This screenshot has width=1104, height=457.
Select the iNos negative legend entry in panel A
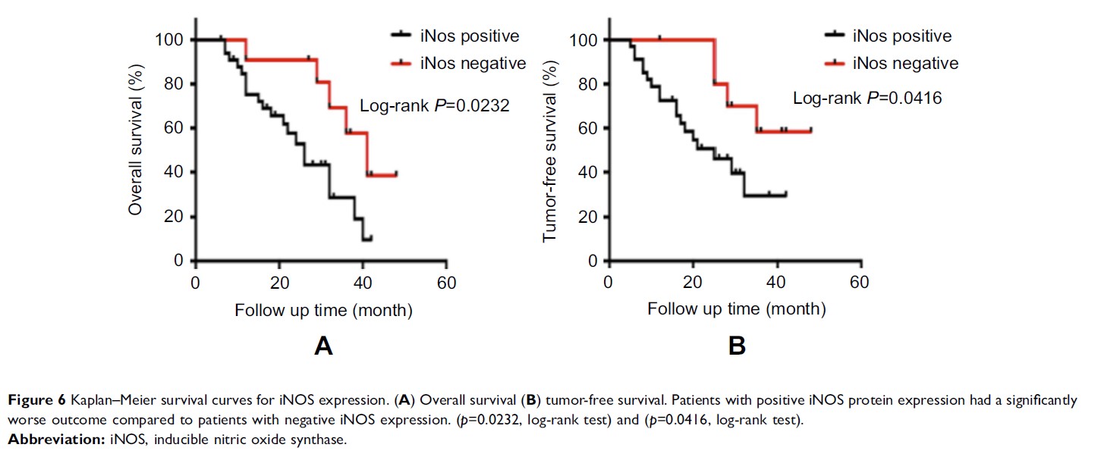455,63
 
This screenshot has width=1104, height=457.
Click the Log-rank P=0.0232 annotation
434,107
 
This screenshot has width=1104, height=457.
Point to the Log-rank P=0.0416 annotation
867,98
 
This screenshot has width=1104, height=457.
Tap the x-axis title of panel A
323,310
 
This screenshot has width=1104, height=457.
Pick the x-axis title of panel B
736,310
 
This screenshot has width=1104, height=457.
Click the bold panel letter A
323,347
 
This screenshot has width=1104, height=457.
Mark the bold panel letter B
737,347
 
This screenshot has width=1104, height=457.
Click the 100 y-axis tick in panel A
173,39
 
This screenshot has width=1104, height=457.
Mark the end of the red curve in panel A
396,174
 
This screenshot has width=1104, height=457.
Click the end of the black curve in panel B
785,195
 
